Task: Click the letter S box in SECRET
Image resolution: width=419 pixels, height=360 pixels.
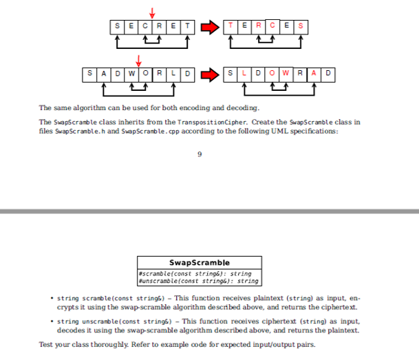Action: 116,26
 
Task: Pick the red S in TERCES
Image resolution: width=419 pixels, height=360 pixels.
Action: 301,26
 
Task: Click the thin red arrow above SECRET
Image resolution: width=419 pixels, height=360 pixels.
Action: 152,12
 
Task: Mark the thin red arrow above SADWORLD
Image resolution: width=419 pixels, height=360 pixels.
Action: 138,59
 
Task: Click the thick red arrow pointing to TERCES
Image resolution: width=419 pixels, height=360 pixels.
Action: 209,26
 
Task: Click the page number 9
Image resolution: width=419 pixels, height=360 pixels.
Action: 200,153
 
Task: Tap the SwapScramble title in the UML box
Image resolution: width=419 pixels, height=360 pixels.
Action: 200,262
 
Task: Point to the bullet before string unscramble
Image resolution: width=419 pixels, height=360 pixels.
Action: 53,321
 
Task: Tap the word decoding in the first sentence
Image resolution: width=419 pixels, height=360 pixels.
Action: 241,108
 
